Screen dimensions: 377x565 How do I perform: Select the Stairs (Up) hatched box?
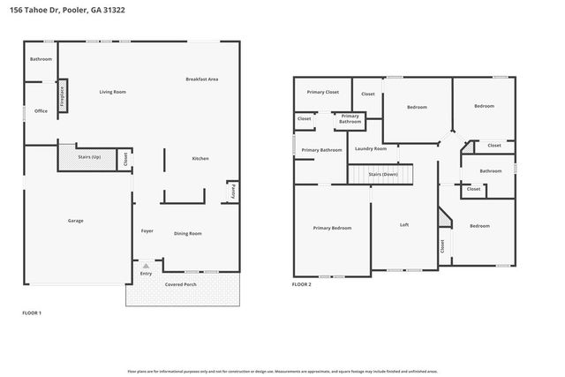point(89,157)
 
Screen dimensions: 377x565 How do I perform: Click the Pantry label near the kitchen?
point(232,192)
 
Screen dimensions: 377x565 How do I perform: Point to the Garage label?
point(76,220)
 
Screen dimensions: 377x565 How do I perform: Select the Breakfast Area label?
point(201,79)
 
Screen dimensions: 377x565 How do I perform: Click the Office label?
point(41,111)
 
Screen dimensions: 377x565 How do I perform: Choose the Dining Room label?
point(187,233)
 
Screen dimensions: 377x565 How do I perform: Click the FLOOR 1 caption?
point(31,313)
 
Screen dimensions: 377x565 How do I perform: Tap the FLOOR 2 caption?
point(301,284)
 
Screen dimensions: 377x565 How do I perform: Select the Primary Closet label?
point(322,92)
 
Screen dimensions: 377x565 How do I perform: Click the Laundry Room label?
point(371,148)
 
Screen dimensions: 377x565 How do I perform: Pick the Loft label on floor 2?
point(403,224)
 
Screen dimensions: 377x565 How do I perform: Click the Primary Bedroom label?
point(332,228)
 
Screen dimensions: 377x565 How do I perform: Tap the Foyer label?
point(147,230)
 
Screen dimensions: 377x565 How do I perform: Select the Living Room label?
point(112,92)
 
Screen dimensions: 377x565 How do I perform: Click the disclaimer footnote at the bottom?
point(282,373)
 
